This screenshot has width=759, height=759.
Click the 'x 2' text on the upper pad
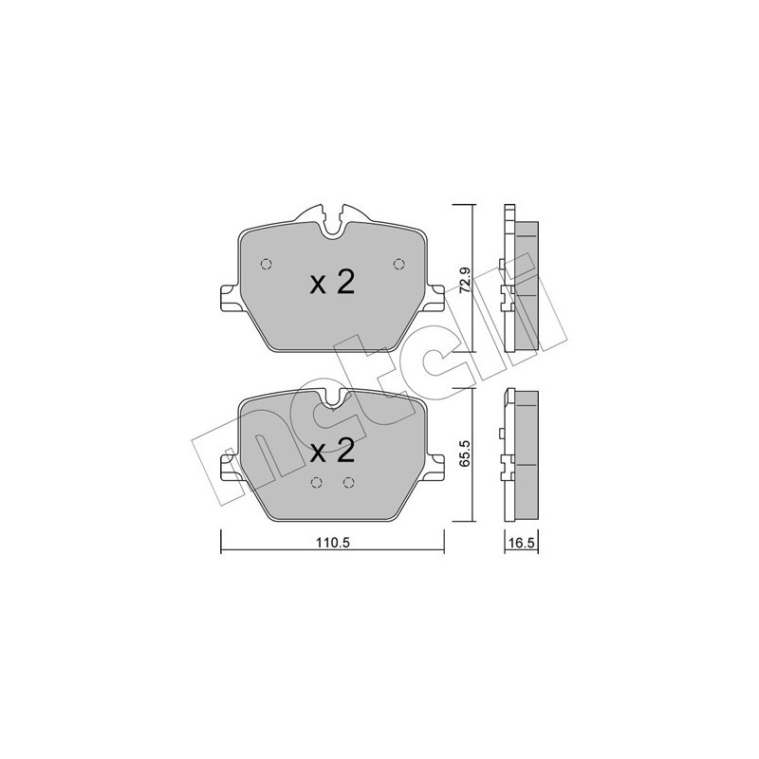click(x=332, y=282)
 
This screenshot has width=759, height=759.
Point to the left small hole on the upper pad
click(x=267, y=264)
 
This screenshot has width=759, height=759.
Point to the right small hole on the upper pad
click(x=398, y=264)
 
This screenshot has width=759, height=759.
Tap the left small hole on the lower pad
click(x=316, y=482)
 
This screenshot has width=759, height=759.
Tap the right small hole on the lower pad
click(x=348, y=482)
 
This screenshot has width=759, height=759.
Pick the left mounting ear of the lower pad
click(x=228, y=468)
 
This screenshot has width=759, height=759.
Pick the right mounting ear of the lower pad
click(x=436, y=468)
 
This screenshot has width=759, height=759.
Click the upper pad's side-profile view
click(x=521, y=280)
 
